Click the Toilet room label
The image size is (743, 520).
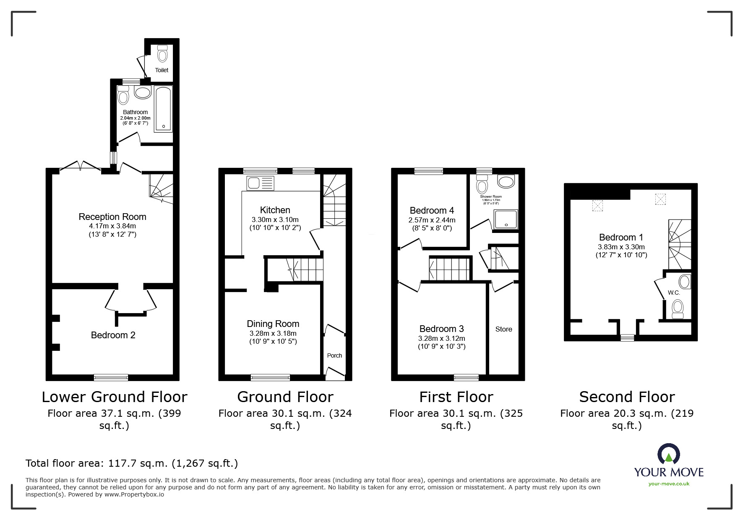click(162, 70)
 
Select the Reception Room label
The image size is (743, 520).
click(112, 217)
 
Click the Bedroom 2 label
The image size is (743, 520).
click(113, 335)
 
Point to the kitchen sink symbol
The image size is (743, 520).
click(260, 183)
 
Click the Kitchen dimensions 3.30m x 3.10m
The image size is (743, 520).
click(275, 219)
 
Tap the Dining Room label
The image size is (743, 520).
click(273, 324)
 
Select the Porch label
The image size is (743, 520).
click(334, 355)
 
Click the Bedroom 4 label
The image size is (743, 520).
click(432, 210)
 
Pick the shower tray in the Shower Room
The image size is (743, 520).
click(506, 219)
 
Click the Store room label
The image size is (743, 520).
click(503, 329)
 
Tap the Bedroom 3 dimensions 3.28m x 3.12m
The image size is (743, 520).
click(441, 338)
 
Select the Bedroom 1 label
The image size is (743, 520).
click(621, 237)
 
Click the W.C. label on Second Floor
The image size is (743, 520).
click(674, 293)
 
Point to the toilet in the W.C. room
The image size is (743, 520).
click(677, 308)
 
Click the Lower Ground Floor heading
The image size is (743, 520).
click(114, 397)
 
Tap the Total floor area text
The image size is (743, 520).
click(132, 463)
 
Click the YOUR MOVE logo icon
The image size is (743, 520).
click(668, 455)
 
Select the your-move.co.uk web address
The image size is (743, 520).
click(669, 484)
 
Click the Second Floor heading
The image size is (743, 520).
click(627, 397)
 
